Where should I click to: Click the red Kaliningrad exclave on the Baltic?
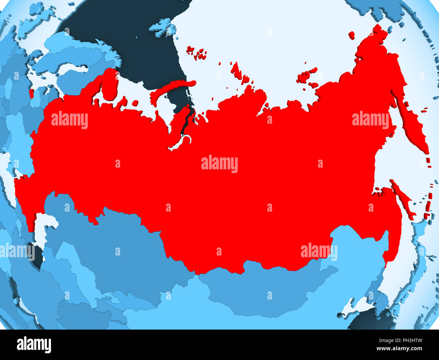31,93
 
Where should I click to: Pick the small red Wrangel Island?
352,35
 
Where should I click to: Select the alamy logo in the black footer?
34,345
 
